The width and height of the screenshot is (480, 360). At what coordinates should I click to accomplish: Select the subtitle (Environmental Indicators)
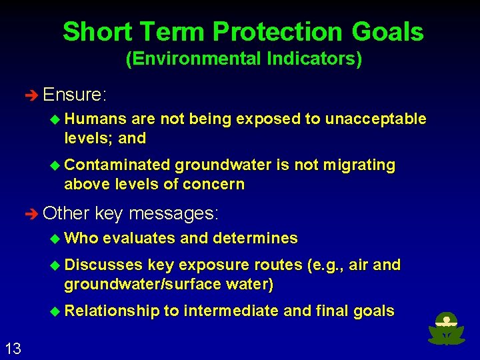click(x=244, y=59)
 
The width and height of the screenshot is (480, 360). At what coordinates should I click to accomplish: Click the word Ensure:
click(x=74, y=95)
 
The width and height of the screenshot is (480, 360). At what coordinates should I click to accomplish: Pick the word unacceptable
click(x=375, y=119)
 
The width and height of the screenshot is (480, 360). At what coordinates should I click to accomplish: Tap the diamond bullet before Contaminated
click(x=56, y=165)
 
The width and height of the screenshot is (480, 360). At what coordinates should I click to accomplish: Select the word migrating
click(x=357, y=165)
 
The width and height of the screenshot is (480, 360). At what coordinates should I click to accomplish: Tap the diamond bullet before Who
click(x=56, y=238)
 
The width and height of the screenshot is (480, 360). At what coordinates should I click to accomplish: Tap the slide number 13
click(x=13, y=347)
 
